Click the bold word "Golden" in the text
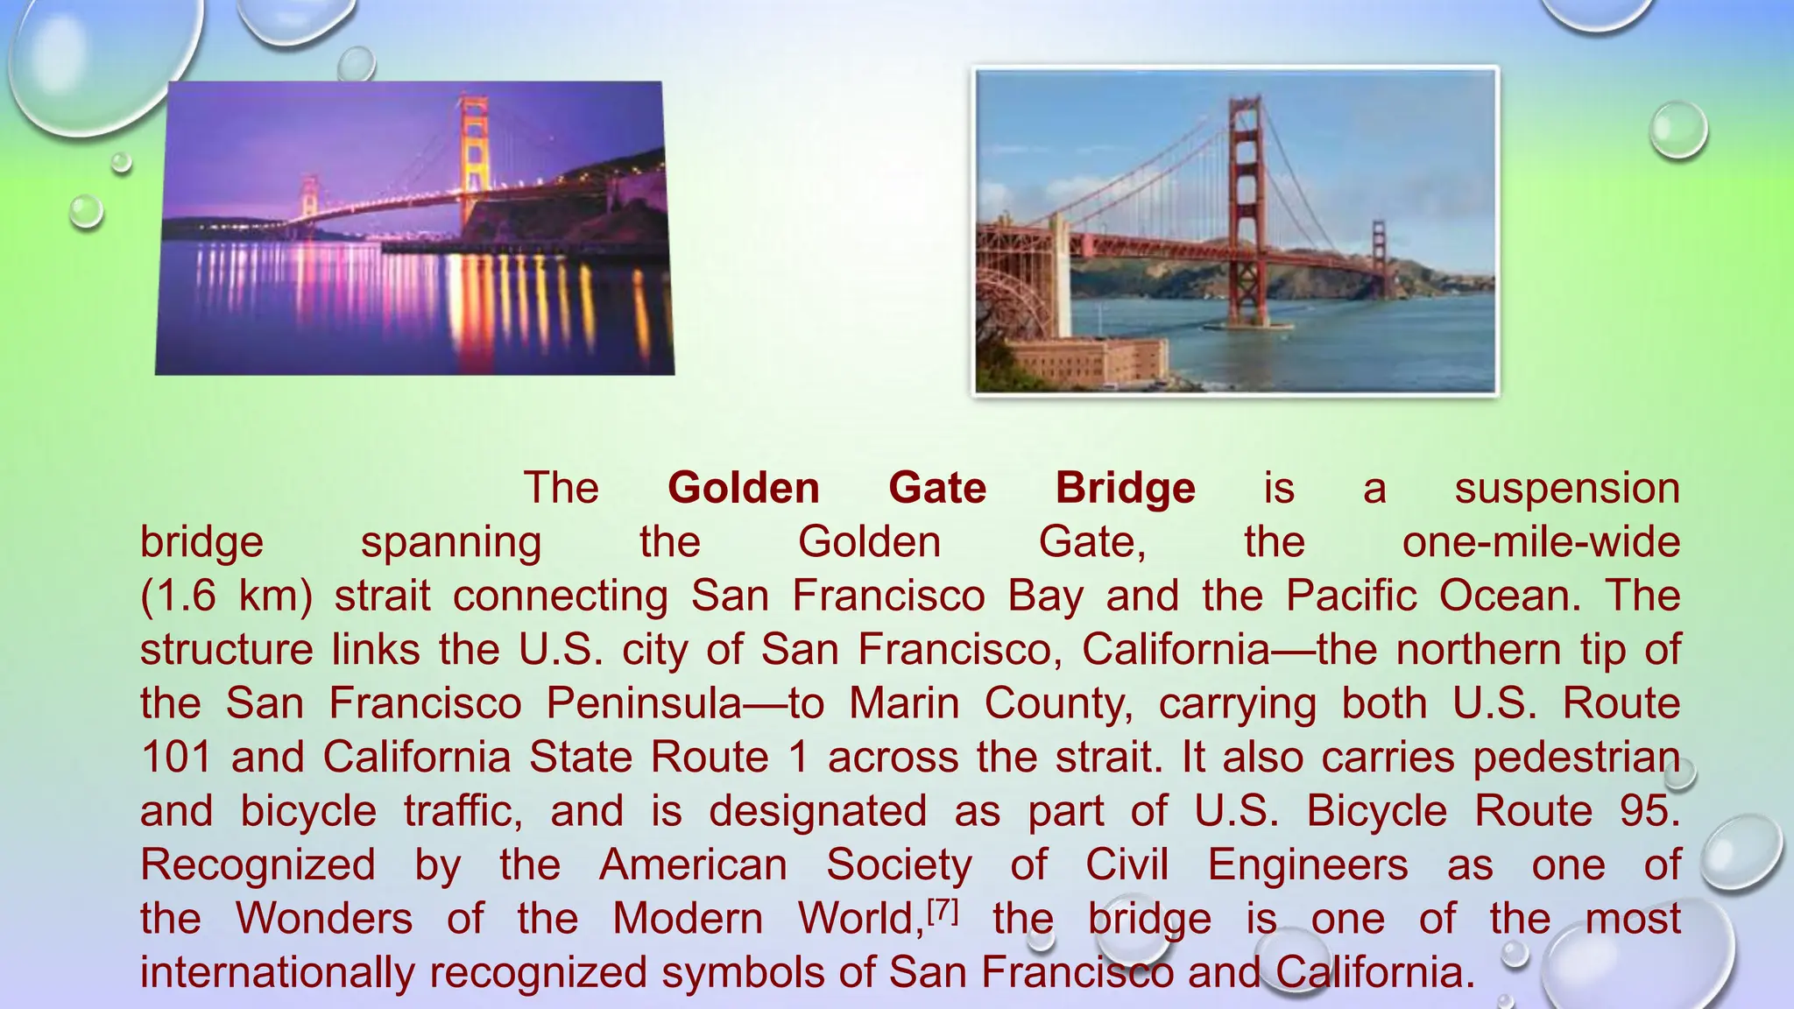(743, 488)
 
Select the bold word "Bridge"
(1125, 488)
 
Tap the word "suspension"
(1567, 488)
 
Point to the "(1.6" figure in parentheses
(178, 596)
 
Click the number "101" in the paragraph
(176, 757)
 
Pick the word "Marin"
(905, 703)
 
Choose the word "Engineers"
(1308, 865)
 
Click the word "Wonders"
(324, 919)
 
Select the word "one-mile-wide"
(1541, 542)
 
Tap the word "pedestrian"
(1576, 757)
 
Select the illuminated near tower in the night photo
(474, 158)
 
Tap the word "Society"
(899, 865)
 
